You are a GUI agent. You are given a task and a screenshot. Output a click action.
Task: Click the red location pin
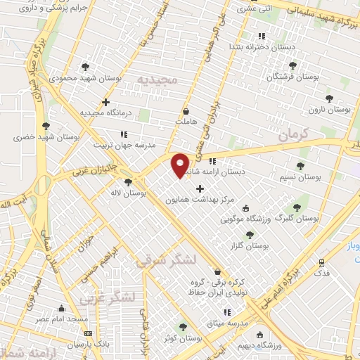(181, 164)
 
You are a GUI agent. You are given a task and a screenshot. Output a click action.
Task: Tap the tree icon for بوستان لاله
(127, 182)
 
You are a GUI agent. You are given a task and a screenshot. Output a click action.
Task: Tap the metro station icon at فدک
(321, 262)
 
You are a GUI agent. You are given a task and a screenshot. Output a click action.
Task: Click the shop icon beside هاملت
(185, 111)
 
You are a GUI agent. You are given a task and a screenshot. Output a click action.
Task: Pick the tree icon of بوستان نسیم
(300, 166)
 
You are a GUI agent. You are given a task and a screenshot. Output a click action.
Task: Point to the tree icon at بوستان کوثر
(184, 327)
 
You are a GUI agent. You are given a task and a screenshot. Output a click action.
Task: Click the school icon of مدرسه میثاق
(225, 312)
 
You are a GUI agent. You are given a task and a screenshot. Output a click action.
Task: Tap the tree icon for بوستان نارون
(329, 98)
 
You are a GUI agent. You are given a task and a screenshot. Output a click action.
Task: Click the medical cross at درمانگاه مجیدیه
(105, 102)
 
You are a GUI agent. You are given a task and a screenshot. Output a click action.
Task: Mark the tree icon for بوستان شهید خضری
(46, 124)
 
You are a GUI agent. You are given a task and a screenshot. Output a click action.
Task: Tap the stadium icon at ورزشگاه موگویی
(245, 208)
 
